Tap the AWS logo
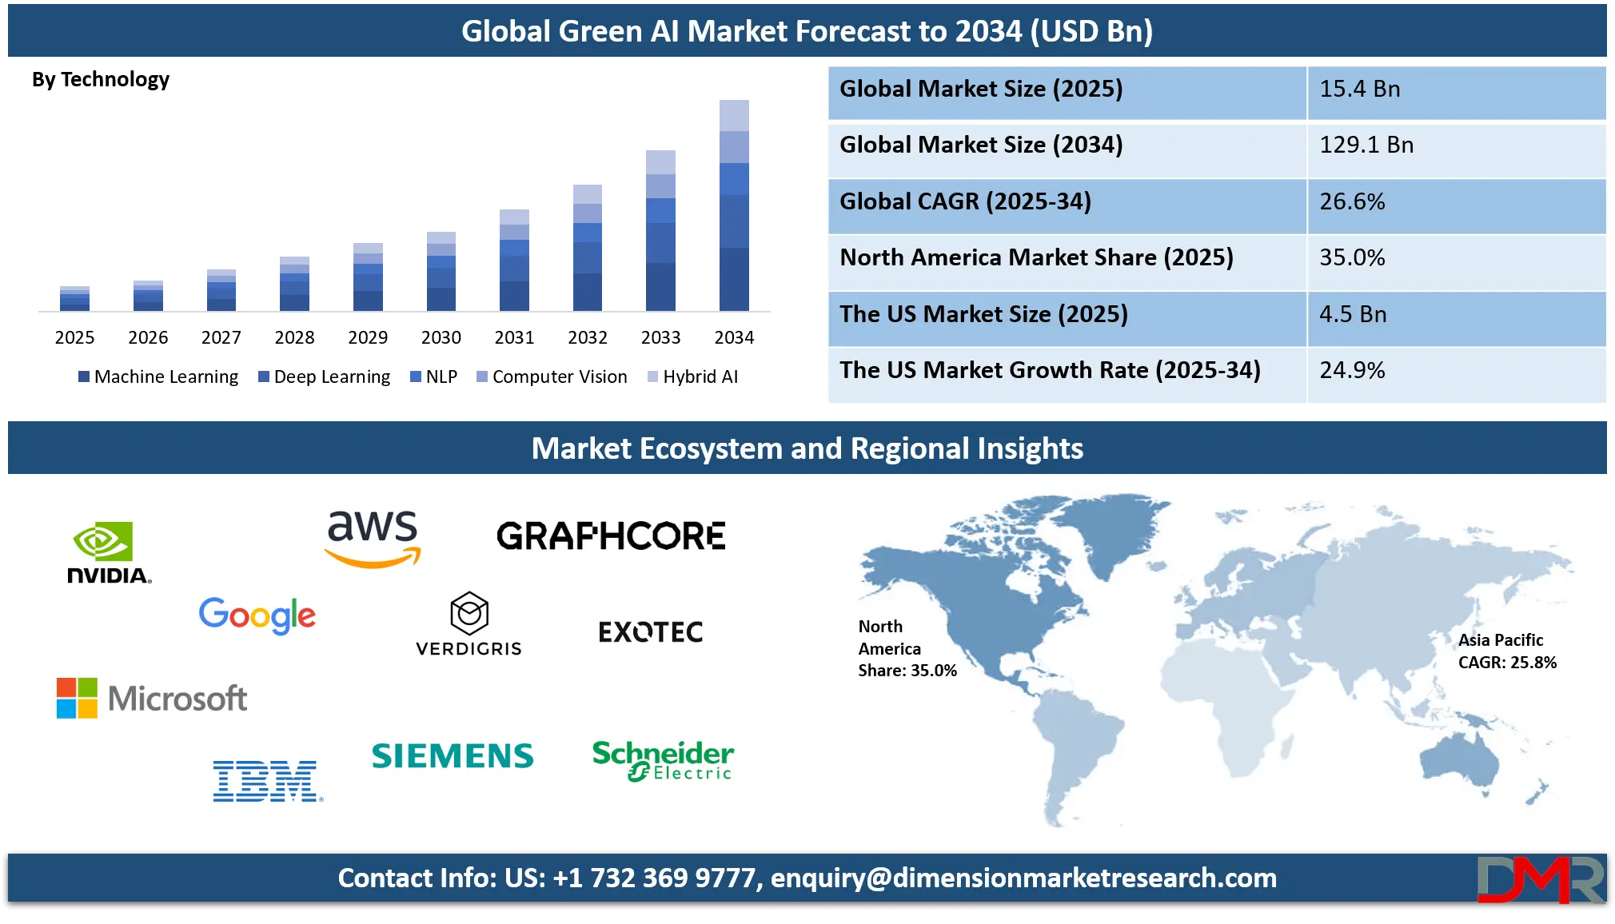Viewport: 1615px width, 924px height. click(373, 538)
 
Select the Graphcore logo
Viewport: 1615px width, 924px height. click(611, 536)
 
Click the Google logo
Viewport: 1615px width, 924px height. click(257, 615)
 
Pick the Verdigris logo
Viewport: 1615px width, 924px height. click(469, 624)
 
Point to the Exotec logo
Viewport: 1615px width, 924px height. click(651, 632)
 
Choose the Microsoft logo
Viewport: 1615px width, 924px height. click(152, 698)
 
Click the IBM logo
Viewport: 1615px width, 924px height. click(267, 781)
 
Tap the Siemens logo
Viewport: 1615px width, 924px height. click(453, 756)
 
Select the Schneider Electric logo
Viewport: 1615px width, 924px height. click(663, 760)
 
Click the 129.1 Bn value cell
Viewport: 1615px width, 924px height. click(1455, 145)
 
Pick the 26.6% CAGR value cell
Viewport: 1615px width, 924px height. click(1455, 202)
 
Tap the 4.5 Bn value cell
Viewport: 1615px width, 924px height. click(1455, 315)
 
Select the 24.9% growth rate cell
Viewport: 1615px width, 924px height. click(1455, 371)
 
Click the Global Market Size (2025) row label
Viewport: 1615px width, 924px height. click(1067, 90)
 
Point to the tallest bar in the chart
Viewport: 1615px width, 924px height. click(735, 204)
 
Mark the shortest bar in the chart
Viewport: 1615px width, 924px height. click(74, 296)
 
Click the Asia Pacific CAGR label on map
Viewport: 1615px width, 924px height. click(1507, 651)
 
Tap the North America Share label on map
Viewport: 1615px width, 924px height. click(907, 648)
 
